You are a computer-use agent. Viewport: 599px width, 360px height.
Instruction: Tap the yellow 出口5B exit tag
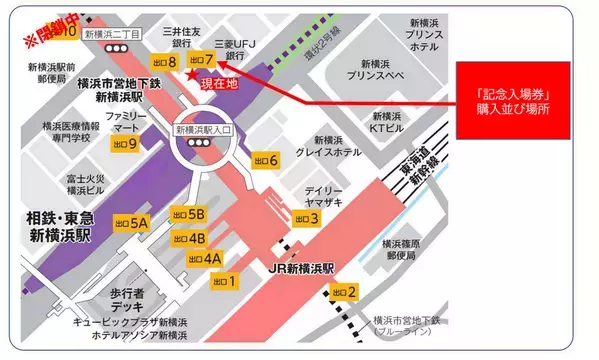point(188,214)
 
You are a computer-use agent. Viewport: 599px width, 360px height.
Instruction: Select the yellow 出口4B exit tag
point(188,238)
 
